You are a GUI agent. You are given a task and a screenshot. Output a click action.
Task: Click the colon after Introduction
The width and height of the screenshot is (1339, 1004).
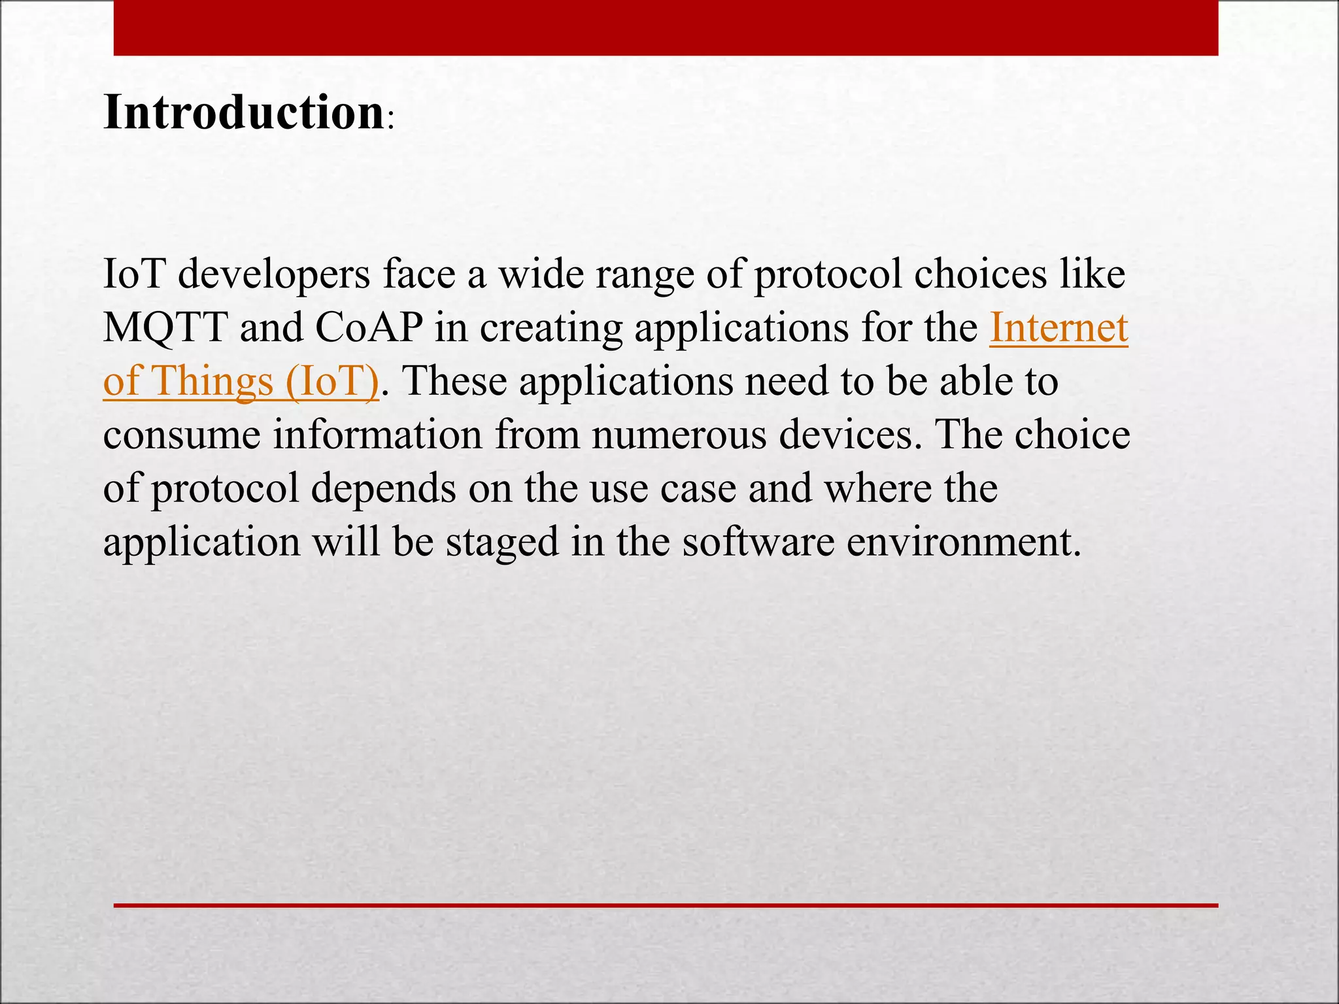tap(390, 121)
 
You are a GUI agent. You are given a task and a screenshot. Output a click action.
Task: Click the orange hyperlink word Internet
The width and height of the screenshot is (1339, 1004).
tap(1059, 327)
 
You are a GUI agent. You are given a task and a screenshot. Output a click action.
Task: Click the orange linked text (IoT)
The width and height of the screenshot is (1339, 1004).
tap(332, 381)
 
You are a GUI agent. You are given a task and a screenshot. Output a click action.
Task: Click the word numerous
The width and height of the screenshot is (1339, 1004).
tap(679, 435)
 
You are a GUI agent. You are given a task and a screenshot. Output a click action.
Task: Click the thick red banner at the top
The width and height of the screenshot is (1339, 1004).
tap(666, 27)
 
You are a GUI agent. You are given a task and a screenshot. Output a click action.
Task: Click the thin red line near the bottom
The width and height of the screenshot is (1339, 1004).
tap(666, 905)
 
